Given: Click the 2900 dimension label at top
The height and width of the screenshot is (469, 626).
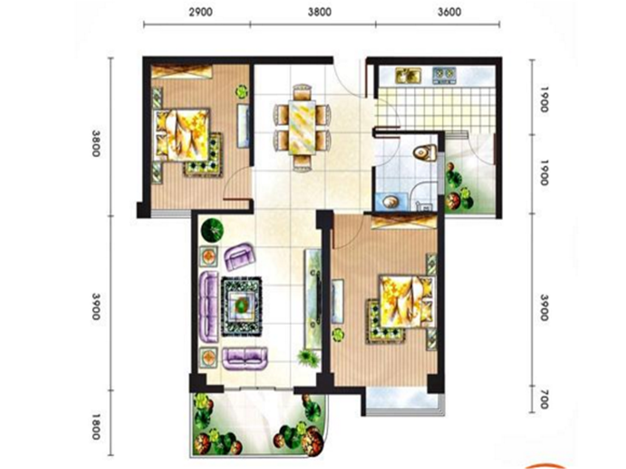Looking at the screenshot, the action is [x=201, y=12].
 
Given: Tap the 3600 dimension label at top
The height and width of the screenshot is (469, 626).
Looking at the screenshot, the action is [x=449, y=12].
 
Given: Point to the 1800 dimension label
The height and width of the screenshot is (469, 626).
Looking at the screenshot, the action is [x=96, y=426].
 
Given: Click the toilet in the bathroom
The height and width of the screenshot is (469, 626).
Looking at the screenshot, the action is [x=425, y=152].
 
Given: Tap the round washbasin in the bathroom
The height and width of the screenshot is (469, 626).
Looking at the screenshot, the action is [x=390, y=202].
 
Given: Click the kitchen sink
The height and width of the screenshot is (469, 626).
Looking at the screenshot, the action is [x=408, y=75].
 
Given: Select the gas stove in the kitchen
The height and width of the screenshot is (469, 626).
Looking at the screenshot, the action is [x=444, y=75].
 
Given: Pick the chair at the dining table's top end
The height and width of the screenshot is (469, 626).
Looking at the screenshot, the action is [x=302, y=91].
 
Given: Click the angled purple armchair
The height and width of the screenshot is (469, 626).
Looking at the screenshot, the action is [x=240, y=256].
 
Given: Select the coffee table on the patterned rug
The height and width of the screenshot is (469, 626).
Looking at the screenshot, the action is [x=242, y=306].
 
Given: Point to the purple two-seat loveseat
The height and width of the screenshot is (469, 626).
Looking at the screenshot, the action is [x=245, y=358].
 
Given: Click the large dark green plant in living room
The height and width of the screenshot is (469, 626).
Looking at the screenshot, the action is [x=212, y=230].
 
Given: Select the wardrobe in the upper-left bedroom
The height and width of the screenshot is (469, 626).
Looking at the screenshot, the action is [x=182, y=72].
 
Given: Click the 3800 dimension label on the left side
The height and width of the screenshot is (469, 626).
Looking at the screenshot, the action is [x=96, y=143].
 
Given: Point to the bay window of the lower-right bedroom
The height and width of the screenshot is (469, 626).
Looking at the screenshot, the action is [x=405, y=401].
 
